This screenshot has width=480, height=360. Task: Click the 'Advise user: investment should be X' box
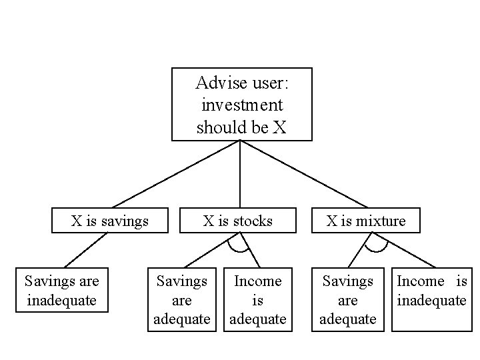click(x=241, y=104)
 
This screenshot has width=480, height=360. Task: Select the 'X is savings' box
click(x=110, y=220)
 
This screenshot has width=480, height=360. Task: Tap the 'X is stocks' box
click(x=238, y=220)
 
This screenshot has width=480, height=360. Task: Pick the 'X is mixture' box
click(x=366, y=220)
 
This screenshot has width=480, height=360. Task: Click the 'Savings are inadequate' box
click(x=61, y=291)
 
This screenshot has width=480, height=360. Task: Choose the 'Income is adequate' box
click(x=258, y=300)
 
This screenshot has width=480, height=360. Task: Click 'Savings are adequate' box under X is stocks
click(x=181, y=300)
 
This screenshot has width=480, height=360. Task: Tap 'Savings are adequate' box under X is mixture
click(x=347, y=300)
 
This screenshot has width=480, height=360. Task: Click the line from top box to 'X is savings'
click(x=176, y=173)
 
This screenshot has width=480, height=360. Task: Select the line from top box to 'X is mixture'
click(x=303, y=173)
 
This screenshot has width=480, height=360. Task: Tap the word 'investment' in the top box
click(x=241, y=105)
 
